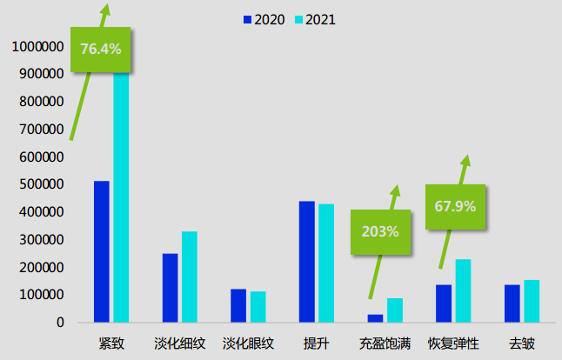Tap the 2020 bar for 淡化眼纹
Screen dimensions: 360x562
tap(238, 305)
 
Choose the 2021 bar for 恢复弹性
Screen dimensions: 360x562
tap(463, 290)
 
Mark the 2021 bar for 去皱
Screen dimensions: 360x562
tap(532, 301)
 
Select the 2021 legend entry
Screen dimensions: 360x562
tap(313, 19)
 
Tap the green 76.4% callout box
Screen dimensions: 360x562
tap(101, 49)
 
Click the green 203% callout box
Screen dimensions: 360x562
tap(380, 231)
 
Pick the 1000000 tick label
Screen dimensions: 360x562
tap(37, 46)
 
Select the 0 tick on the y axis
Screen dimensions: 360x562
tap(60, 323)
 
